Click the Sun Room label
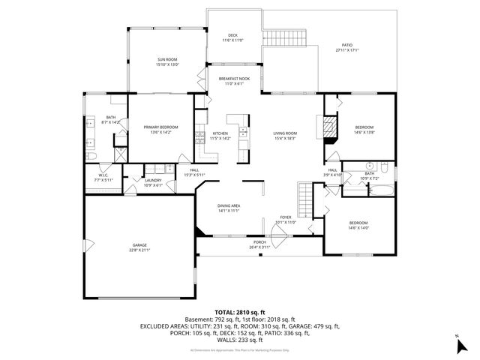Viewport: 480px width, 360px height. (166, 61)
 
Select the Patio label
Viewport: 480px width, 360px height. (346, 47)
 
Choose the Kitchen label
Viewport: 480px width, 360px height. (220, 136)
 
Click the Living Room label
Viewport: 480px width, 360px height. (285, 136)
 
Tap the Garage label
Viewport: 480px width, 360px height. (139, 248)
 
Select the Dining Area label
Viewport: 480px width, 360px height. (228, 208)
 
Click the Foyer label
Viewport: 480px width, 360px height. (286, 219)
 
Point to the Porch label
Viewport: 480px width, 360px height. (259, 244)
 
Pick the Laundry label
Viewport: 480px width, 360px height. (153, 182)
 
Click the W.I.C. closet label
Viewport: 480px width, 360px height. (103, 178)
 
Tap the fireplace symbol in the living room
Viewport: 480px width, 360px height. (327, 127)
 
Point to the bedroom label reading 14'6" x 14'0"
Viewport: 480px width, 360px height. (358, 226)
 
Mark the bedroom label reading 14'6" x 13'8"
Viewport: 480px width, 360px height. (363, 130)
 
